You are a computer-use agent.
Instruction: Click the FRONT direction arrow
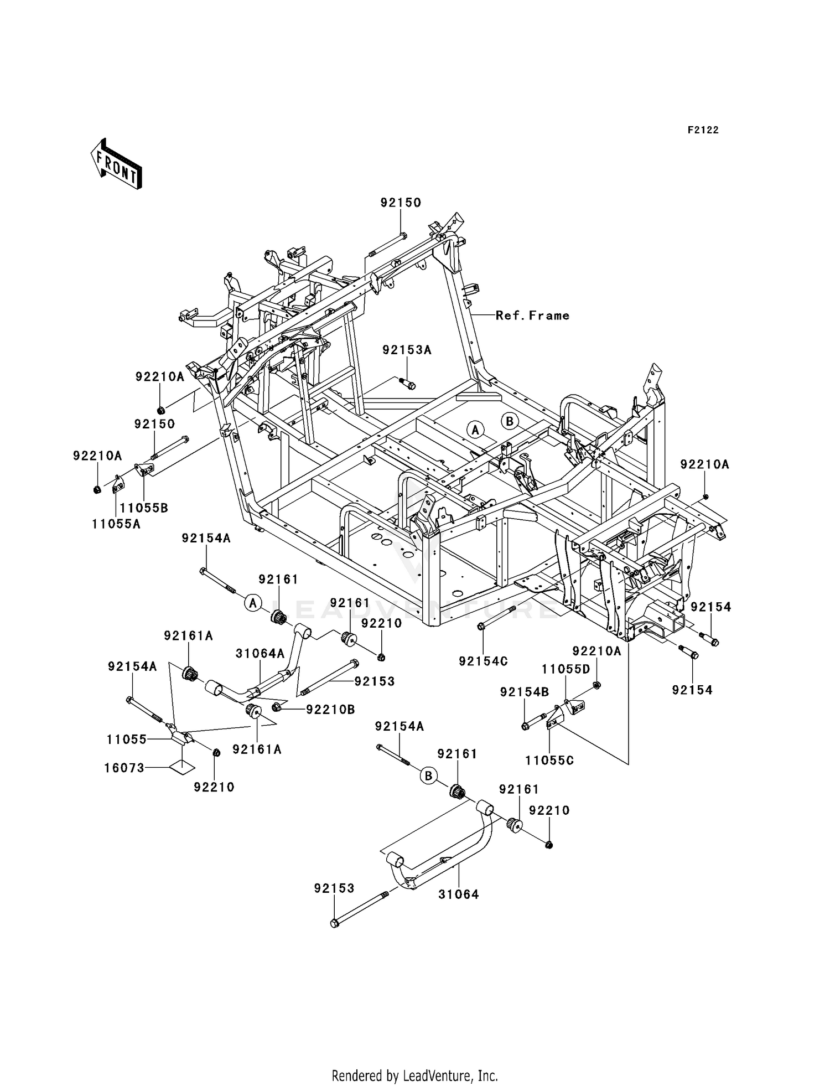pos(117,164)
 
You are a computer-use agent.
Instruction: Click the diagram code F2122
pos(703,130)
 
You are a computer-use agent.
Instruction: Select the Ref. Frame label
pos(532,316)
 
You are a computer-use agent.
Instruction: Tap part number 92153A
pos(407,350)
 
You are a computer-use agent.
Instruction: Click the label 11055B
pos(144,508)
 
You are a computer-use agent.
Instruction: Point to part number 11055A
pos(116,524)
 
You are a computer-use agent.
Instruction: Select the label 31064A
pos(260,653)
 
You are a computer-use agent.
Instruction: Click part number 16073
pos(124,768)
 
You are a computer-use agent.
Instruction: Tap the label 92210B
pos(330,710)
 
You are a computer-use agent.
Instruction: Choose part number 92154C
pos(483,661)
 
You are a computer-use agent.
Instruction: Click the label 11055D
pos(566,669)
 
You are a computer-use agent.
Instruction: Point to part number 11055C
pos(549,761)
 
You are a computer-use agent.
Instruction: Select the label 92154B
pos(525,692)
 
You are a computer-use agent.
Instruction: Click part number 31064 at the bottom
pos(459,894)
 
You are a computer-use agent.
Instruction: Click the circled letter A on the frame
pos(475,429)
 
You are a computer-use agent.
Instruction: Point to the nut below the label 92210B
pos(277,707)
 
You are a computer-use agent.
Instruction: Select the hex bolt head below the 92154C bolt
pos(481,627)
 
